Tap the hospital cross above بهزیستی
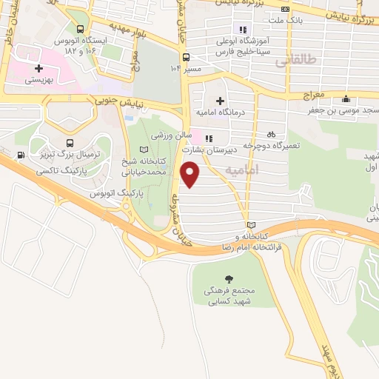tap(38, 68)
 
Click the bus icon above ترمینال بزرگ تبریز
tap(70, 143)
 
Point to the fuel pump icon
tap(19, 155)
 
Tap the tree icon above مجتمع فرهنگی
tap(228, 278)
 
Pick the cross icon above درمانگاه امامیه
tap(219, 101)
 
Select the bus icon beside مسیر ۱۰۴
tap(185, 57)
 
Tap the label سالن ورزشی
tap(172, 136)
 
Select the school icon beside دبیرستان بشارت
tap(209, 137)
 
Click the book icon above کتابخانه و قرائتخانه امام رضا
tap(250, 224)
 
